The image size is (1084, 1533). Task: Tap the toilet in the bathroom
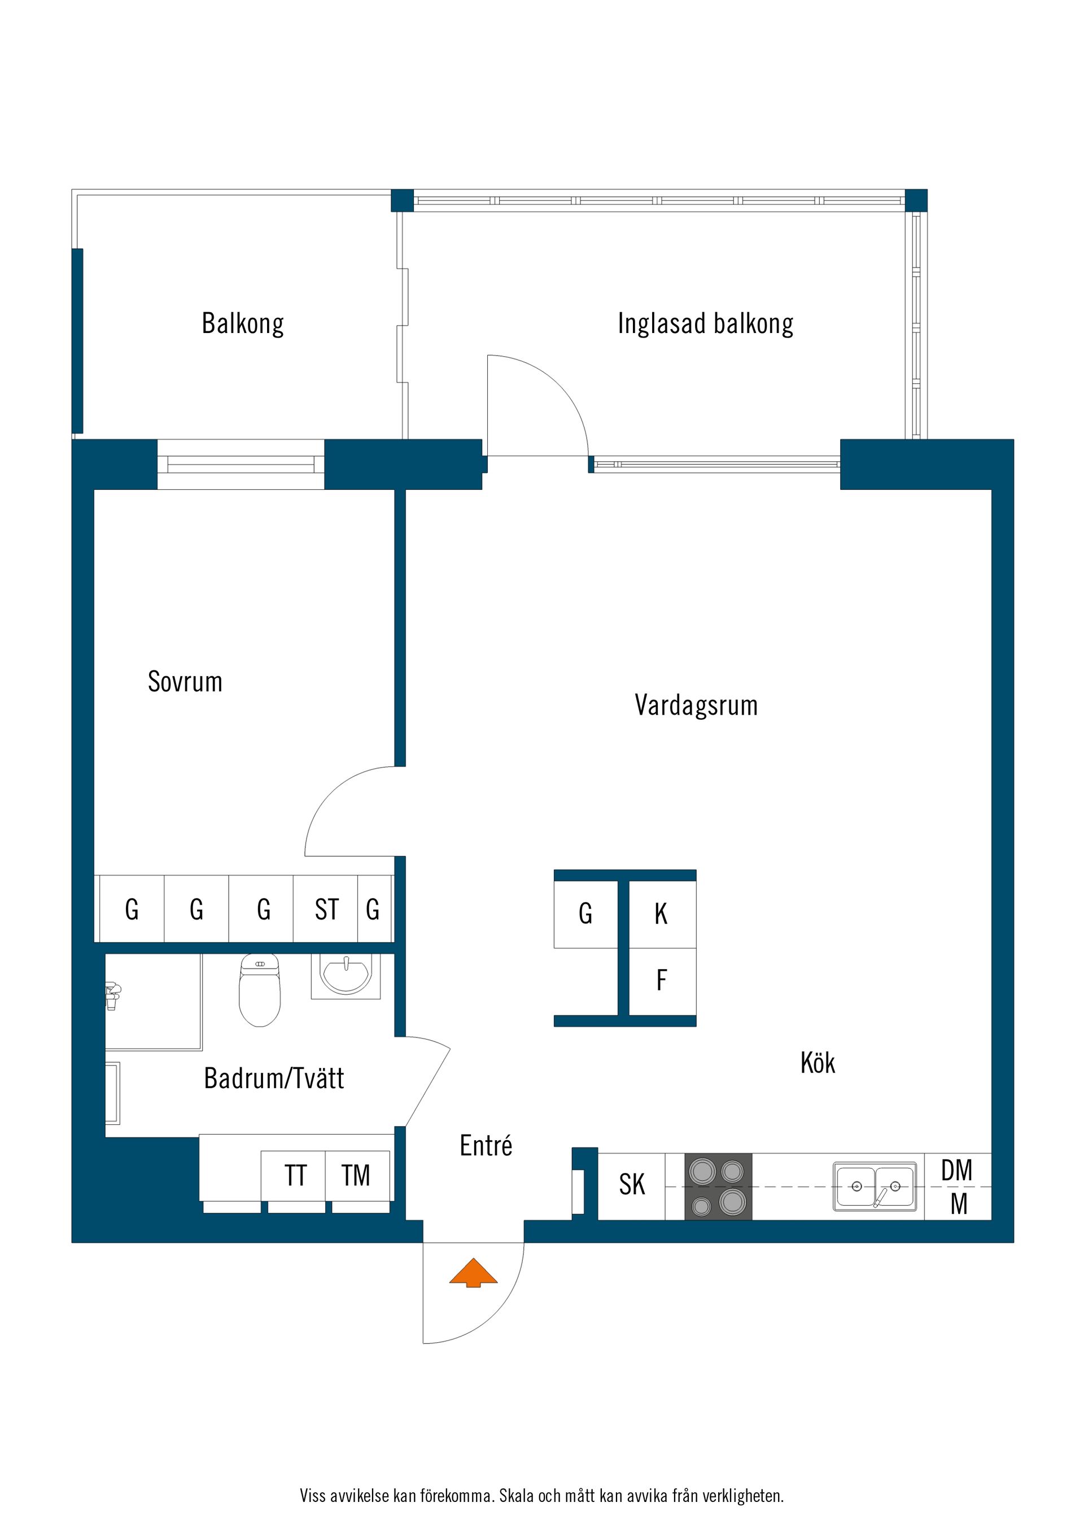260,992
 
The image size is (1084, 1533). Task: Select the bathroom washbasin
346,975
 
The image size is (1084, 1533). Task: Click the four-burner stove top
718,1186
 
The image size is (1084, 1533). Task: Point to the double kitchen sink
875,1186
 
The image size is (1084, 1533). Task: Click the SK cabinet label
631,1185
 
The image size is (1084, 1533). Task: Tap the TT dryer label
295,1176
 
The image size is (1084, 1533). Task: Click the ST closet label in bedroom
326,909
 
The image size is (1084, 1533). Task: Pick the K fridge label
661,914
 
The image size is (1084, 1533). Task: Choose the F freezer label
661,980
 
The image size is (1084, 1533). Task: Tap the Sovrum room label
185,682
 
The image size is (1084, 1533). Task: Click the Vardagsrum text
696,705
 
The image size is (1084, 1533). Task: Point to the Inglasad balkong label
705,324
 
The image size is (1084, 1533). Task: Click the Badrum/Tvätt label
274,1078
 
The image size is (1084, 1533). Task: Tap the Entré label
486,1146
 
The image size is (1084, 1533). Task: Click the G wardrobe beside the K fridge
585,914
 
